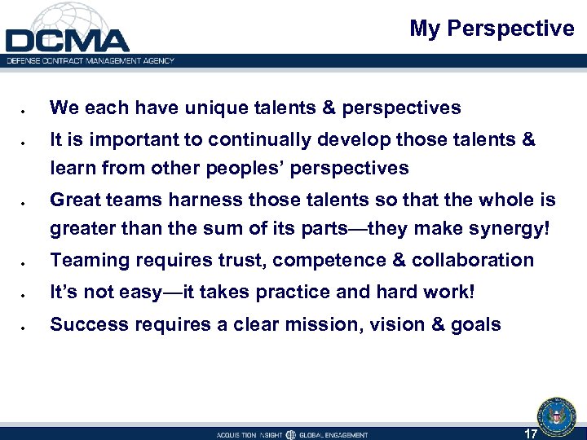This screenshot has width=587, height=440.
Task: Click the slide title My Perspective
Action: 492,29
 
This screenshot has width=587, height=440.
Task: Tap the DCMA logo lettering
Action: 67,40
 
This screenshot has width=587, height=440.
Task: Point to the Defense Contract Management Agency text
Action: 90,60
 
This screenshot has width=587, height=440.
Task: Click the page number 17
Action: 530,433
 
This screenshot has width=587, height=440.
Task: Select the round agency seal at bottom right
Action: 556,416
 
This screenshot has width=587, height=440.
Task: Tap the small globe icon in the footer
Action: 291,434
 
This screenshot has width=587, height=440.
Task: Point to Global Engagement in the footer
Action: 334,434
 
